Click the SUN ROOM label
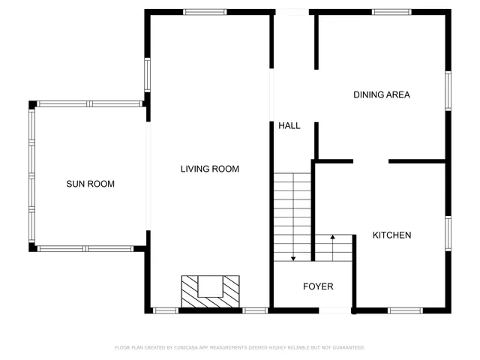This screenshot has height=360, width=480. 90,184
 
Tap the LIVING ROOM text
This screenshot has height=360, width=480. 209,169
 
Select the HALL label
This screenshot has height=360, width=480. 289,126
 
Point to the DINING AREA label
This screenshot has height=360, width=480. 382,95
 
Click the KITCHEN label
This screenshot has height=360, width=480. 391,235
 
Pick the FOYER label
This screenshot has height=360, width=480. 318,286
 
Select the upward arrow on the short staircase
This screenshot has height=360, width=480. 332,238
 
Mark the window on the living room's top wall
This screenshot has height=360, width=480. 205,12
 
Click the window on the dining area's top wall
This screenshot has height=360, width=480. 391,12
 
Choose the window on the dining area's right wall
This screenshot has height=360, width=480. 448,91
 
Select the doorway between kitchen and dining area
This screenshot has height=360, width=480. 370,160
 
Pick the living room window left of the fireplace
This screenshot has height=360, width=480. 165,310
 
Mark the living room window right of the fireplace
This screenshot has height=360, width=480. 255,310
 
